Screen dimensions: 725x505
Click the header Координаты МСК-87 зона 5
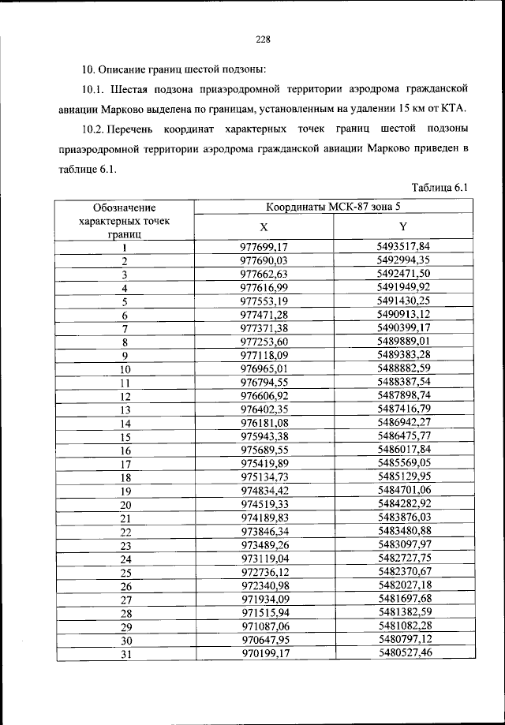pos(331,207)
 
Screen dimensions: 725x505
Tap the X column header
pos(264,226)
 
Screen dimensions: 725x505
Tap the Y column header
pos(403,226)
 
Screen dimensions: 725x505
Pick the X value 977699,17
pos(264,248)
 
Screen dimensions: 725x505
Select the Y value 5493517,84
pos(403,248)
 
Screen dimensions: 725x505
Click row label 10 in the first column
pos(125,369)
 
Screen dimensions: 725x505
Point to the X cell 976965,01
pos(264,368)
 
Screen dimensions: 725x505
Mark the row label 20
pos(125,505)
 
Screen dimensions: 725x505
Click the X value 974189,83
pos(264,518)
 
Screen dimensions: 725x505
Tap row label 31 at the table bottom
pos(125,654)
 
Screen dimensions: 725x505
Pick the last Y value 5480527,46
pos(403,653)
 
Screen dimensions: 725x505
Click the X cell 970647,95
pos(264,640)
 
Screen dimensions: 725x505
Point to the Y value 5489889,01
pos(403,342)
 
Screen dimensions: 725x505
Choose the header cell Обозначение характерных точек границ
pos(125,220)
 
